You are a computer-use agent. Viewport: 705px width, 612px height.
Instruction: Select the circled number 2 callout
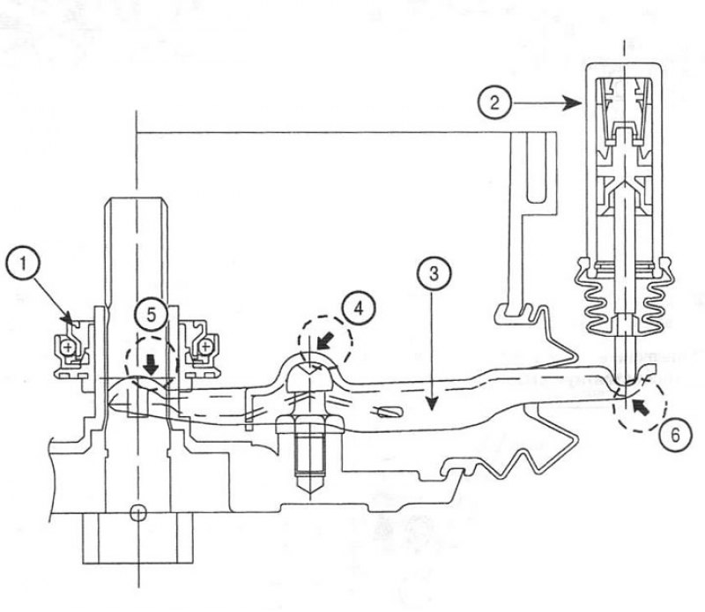(x=494, y=102)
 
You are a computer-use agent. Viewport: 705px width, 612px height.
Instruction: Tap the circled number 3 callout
(x=434, y=273)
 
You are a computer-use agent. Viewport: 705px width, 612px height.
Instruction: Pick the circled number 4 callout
(x=359, y=310)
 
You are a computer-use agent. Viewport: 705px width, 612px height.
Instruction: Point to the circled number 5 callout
(x=152, y=315)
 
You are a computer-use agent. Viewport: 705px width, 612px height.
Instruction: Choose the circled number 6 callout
(x=675, y=436)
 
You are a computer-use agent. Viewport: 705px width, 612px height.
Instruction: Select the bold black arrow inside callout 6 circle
(x=641, y=407)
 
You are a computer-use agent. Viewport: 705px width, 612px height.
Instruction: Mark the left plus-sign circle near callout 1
(x=69, y=347)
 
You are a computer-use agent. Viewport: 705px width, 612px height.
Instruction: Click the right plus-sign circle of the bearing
(x=206, y=347)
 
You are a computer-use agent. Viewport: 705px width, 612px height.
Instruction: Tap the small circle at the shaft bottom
(x=138, y=512)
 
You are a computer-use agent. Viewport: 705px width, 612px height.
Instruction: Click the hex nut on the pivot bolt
(x=310, y=425)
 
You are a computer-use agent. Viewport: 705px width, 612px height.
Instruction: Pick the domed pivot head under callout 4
(x=310, y=377)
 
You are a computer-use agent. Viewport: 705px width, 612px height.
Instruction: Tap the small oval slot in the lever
(x=388, y=411)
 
